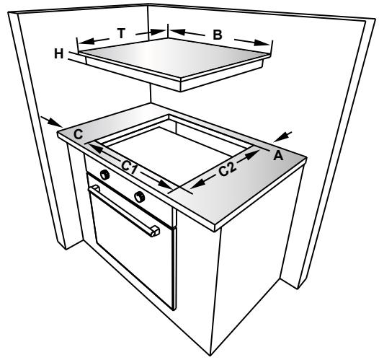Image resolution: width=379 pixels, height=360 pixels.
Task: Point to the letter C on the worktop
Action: pyautogui.click(x=78, y=133)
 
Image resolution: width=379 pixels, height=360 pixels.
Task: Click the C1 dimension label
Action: pyautogui.click(x=130, y=167)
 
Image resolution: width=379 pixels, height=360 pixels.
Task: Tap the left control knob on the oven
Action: pyautogui.click(x=105, y=175)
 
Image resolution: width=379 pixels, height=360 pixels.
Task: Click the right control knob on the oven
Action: pyautogui.click(x=139, y=196)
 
